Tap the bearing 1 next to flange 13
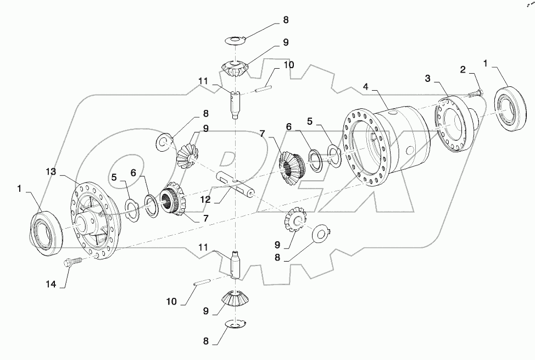[47, 234]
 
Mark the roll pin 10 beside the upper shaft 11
[263, 85]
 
